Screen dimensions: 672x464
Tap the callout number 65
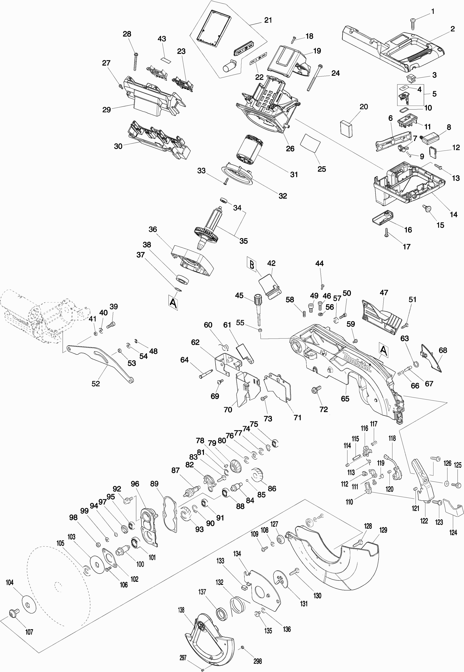point(345,398)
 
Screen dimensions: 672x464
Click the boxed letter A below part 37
point(173,303)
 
